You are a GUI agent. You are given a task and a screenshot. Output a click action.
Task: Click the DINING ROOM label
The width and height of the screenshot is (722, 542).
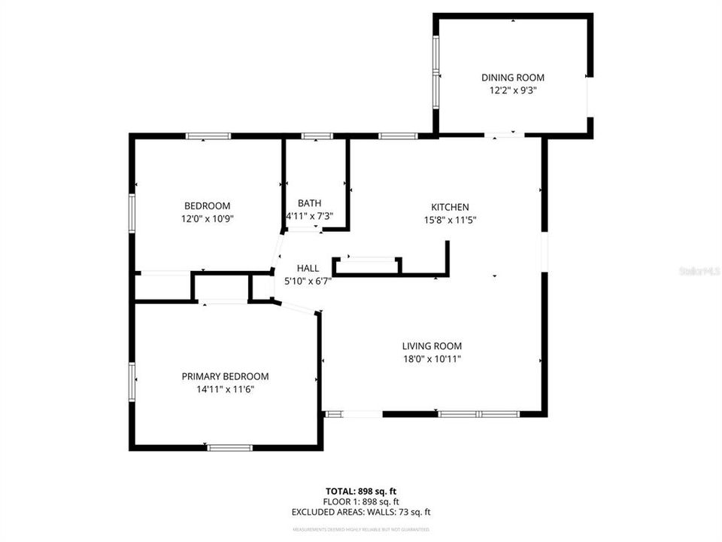512,78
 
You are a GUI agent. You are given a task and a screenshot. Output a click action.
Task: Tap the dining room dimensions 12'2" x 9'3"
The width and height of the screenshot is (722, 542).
512,90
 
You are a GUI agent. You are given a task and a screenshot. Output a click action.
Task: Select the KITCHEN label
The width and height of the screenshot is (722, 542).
450,207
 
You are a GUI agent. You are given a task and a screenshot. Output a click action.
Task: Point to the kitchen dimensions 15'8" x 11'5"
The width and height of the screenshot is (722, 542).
450,220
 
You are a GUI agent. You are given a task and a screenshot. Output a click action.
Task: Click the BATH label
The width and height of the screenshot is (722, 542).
309,203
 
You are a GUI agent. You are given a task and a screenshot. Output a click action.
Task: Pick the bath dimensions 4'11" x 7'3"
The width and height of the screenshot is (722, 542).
309,216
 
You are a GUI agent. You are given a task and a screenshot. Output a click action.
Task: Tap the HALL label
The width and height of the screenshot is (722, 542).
308,268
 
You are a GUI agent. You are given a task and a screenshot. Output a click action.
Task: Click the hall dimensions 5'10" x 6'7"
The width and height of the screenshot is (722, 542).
308,281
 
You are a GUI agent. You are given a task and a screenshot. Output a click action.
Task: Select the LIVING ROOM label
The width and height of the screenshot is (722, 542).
431,346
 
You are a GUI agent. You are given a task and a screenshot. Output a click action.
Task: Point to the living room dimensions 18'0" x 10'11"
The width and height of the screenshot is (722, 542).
431,359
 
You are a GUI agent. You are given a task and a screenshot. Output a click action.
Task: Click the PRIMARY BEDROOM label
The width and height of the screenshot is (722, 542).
225,376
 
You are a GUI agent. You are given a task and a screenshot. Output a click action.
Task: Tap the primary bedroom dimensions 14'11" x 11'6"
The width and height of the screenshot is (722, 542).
225,389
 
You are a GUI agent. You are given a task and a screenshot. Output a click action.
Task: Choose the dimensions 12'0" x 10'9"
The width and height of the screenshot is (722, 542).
207,219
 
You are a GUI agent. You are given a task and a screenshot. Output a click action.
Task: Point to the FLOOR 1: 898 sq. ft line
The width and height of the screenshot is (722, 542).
361,501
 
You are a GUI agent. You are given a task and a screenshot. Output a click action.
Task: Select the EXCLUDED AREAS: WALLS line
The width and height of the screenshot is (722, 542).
361,512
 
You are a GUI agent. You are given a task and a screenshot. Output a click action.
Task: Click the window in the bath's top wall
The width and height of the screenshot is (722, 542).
317,136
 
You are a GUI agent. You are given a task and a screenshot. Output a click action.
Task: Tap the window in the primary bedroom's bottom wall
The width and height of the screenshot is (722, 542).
229,448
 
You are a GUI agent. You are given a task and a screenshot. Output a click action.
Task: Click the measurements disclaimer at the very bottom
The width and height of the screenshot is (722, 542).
361,530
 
